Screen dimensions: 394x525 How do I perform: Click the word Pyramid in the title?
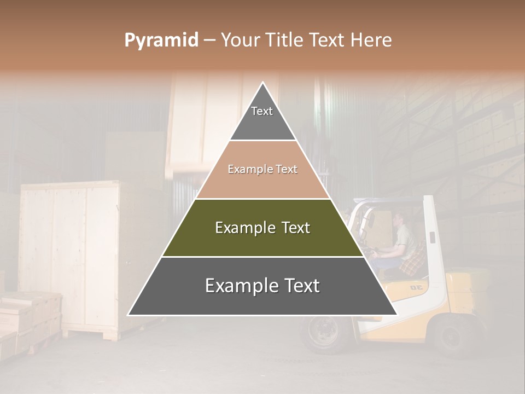(x=161, y=40)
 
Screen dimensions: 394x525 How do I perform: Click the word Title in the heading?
(x=285, y=40)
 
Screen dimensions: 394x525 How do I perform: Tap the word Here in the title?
(x=371, y=40)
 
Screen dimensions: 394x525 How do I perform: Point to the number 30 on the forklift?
(x=417, y=287)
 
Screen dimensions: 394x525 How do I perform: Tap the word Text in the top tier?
(x=262, y=111)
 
